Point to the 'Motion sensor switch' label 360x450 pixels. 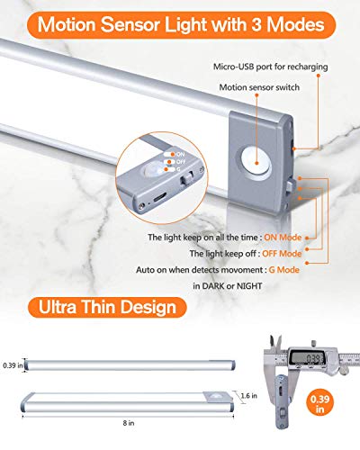point(259,88)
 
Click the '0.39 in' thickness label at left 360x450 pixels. point(12,365)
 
